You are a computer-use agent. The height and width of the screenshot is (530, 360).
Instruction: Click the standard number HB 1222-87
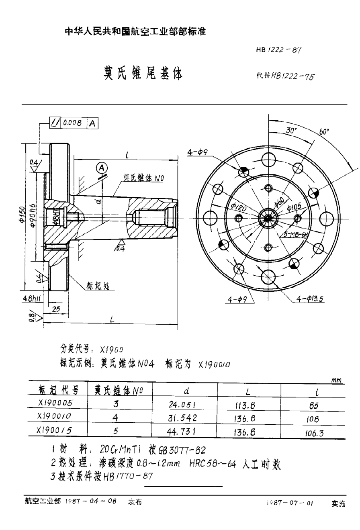pyautogui.click(x=278, y=50)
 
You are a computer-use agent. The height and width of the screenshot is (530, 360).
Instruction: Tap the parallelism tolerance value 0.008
pyautogui.click(x=74, y=124)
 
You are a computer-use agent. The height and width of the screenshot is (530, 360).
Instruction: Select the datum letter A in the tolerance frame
pyautogui.click(x=92, y=124)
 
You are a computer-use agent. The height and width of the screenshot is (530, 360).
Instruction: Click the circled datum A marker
pyautogui.click(x=102, y=168)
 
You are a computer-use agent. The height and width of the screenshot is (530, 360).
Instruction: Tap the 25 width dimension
pyautogui.click(x=56, y=309)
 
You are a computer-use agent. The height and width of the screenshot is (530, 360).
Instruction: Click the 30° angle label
pyautogui.click(x=291, y=131)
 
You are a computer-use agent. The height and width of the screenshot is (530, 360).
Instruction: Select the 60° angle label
pyautogui.click(x=324, y=131)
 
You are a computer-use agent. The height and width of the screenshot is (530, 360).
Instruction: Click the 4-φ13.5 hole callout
pyautogui.click(x=310, y=299)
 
